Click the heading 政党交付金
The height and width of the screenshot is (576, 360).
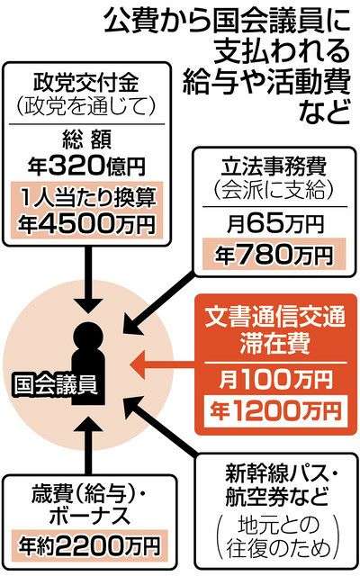86,82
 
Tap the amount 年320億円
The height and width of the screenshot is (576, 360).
86,166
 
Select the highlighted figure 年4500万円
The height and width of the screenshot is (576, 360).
86,224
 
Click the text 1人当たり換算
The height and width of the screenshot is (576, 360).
86,198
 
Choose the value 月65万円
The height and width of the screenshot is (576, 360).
274,223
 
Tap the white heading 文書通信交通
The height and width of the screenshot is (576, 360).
274,317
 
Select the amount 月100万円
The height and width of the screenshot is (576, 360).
274,379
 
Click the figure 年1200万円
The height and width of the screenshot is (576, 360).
274,410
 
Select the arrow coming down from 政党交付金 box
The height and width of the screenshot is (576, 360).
88,280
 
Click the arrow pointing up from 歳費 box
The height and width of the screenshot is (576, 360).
88,445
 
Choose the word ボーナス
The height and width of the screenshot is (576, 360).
90,515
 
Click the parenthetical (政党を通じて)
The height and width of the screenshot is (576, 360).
86,106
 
